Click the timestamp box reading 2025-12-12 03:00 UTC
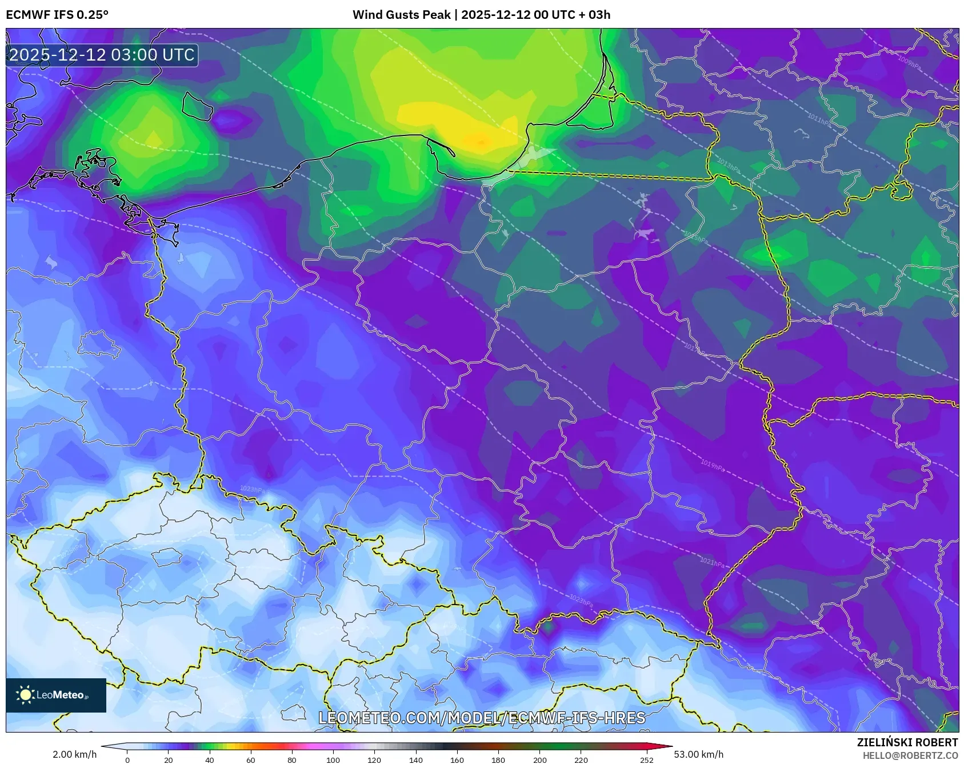(102, 55)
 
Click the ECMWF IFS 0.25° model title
(57, 14)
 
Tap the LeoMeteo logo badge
(56, 695)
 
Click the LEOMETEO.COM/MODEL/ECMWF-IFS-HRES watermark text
(482, 718)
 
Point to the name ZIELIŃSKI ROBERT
(907, 742)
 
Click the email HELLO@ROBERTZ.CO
(910, 755)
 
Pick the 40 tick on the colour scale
(210, 760)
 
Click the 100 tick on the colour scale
(333, 760)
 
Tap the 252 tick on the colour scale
(646, 760)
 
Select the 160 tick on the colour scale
(457, 760)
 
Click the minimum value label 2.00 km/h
(74, 754)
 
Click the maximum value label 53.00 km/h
(698, 754)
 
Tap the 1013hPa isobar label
(728, 166)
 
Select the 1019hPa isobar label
(712, 465)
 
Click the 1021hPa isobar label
(712, 562)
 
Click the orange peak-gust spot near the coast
(481, 141)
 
